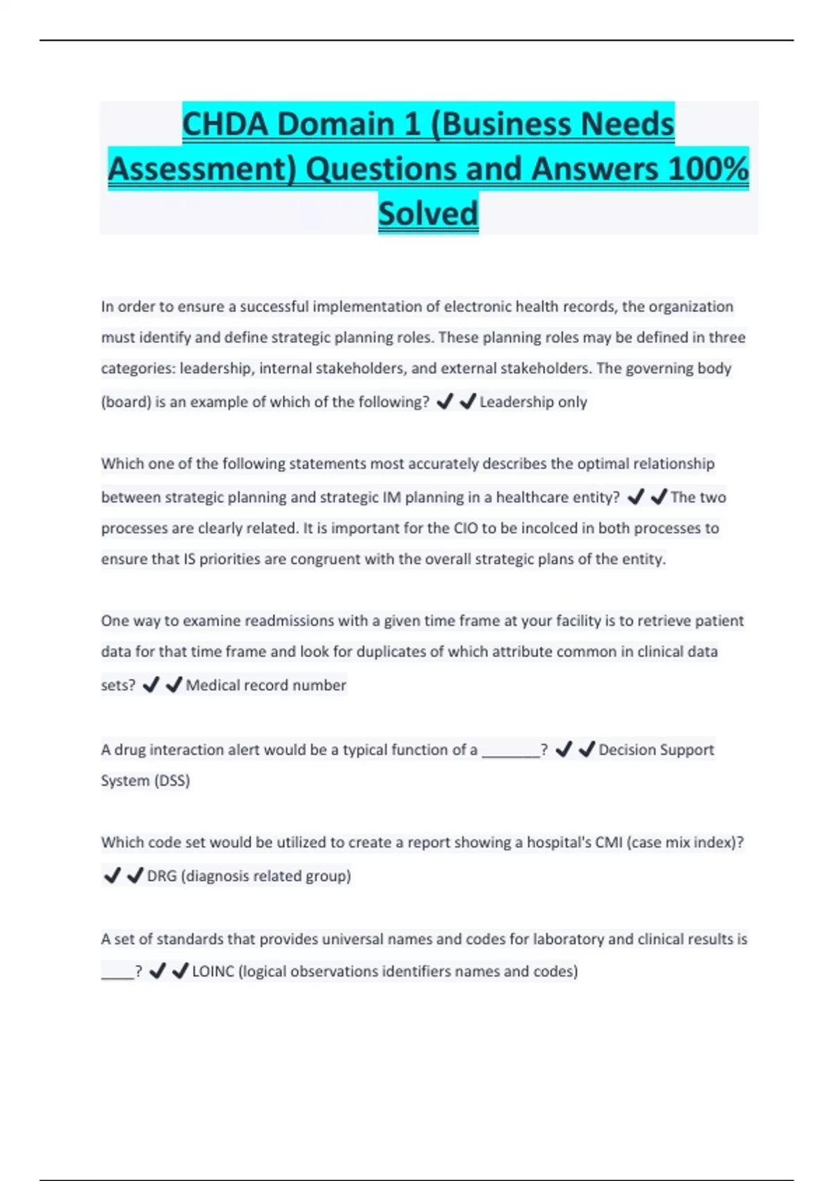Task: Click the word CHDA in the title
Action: point(224,124)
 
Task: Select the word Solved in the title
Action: point(428,213)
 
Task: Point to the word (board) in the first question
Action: point(126,402)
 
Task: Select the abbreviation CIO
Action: point(466,528)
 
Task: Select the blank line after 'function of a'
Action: point(511,750)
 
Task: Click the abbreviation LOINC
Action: point(213,971)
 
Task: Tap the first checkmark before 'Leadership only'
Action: point(444,402)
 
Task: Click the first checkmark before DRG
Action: point(112,875)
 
